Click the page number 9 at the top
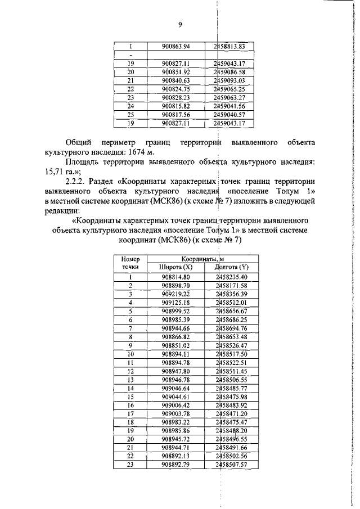[x=180, y=25]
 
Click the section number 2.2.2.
[x=76, y=184]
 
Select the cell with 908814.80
[x=175, y=277]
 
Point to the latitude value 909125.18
[x=175, y=302]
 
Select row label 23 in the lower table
[x=130, y=465]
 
